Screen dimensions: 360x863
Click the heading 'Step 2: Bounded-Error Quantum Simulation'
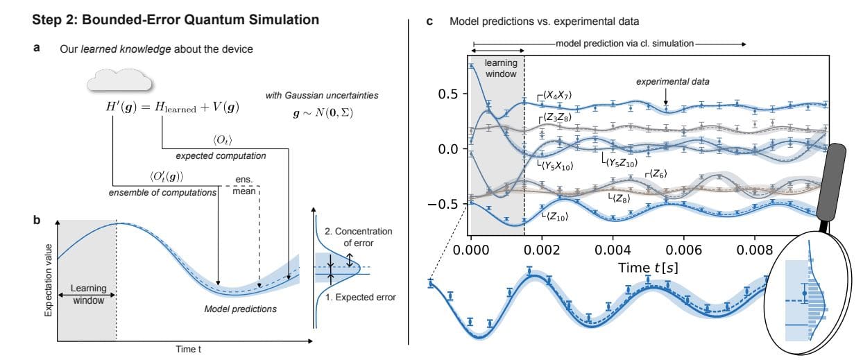click(x=176, y=20)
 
